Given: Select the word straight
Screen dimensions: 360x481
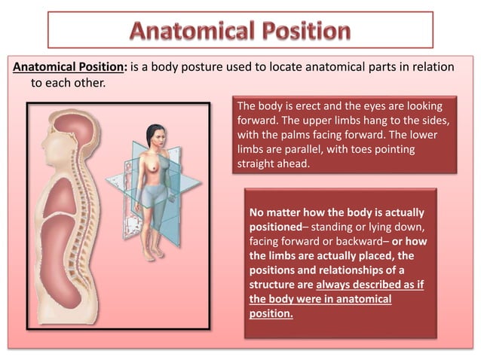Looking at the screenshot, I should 257,164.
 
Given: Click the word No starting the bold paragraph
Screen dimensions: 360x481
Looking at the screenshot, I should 258,212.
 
